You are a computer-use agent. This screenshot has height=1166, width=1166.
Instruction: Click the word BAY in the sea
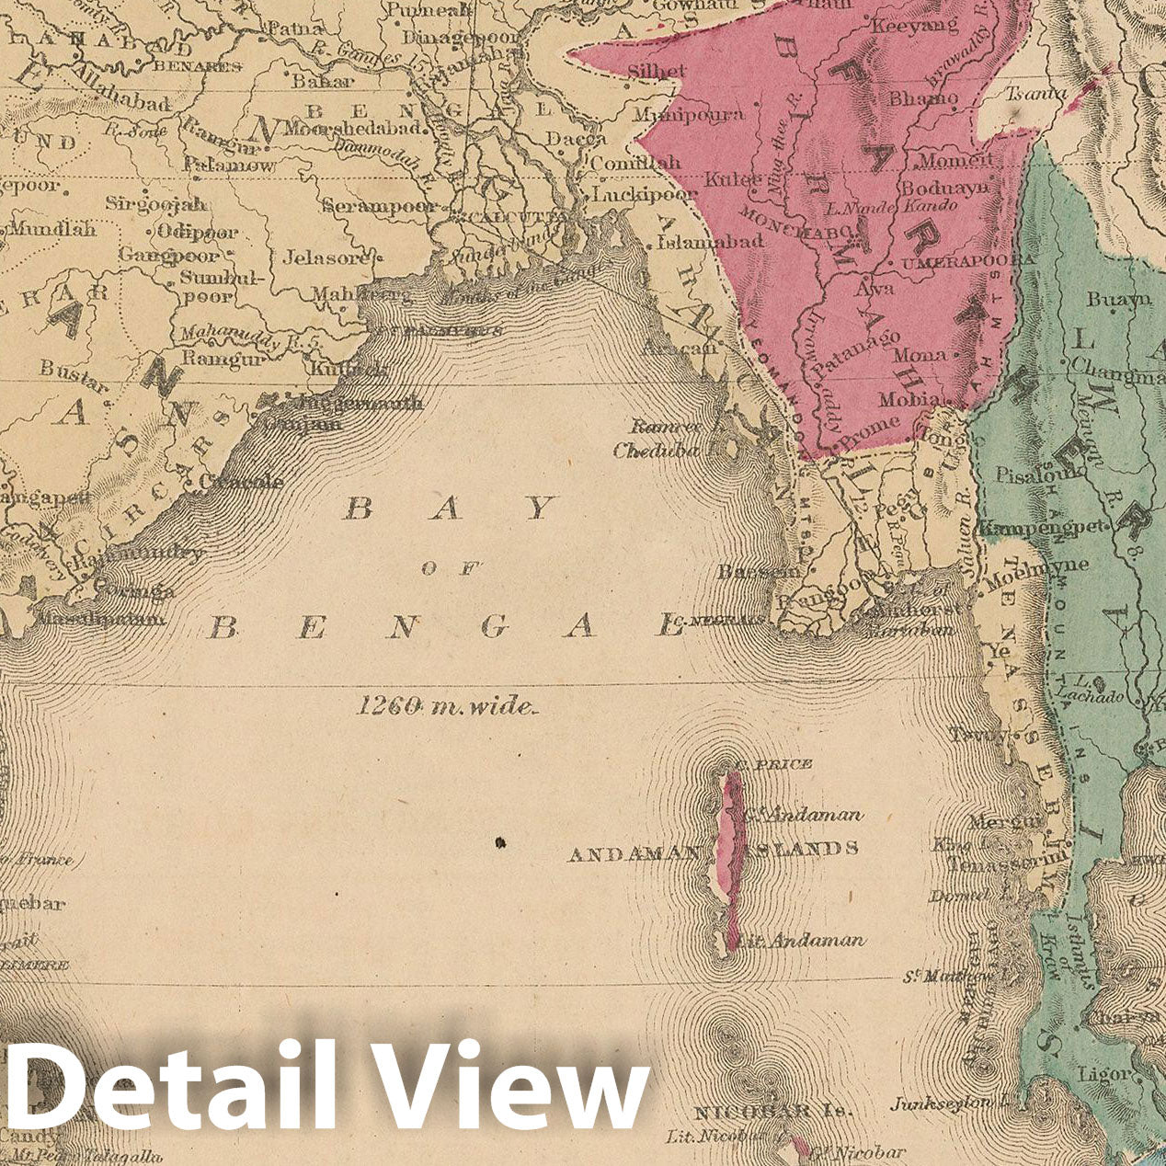pos(450,509)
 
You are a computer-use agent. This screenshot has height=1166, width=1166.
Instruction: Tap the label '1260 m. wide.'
pos(446,706)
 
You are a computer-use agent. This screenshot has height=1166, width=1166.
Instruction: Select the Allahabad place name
pos(123,101)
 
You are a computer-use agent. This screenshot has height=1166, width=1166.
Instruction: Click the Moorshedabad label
pos(358,128)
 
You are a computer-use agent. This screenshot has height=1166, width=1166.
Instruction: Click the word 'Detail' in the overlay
pos(166,1085)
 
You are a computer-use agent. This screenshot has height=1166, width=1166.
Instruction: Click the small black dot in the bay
pos(500,841)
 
